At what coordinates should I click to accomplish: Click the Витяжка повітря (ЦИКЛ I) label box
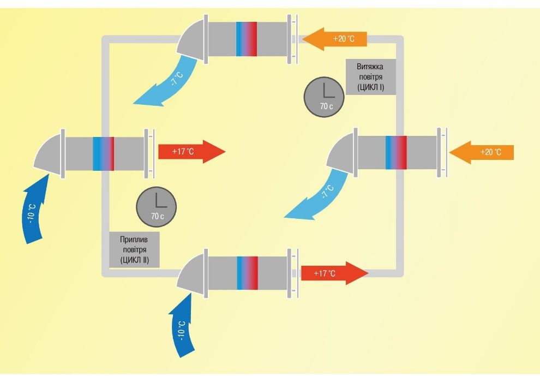click(x=371, y=77)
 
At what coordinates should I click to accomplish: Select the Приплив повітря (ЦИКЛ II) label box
click(x=134, y=249)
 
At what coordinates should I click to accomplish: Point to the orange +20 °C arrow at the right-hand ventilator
click(x=481, y=151)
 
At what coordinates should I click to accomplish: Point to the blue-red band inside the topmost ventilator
click(x=247, y=39)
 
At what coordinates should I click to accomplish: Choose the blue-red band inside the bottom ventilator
click(x=247, y=273)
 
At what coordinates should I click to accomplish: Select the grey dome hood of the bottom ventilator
click(x=193, y=275)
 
